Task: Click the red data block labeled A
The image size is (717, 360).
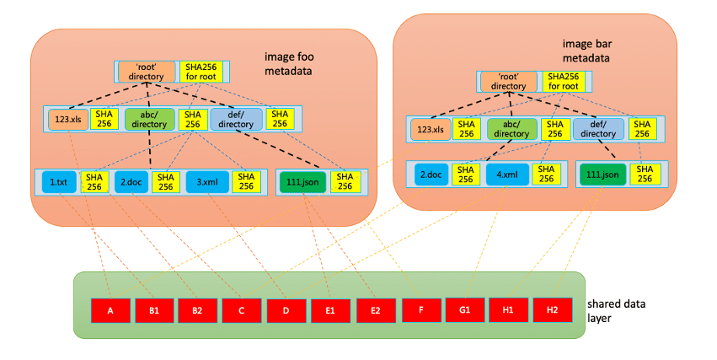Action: [110, 309]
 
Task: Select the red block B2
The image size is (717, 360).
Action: [197, 309]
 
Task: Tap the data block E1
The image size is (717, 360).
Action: [330, 309]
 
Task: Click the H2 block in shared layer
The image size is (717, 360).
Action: [552, 309]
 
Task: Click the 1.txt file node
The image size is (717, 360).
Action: [58, 182]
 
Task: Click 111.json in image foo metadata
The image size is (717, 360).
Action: [302, 182]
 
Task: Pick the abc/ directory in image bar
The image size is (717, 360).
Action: [511, 129]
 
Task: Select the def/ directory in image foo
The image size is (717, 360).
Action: [236, 119]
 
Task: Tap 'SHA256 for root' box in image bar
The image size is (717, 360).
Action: [558, 81]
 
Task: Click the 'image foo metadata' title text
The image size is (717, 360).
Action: [288, 64]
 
